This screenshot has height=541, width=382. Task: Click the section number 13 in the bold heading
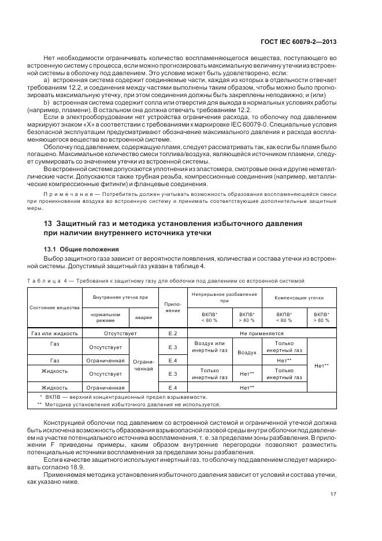(x=49, y=223)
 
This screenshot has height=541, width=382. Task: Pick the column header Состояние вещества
(x=54, y=307)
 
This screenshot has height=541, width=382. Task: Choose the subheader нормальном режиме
(x=105, y=317)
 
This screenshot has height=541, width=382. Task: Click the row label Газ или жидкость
(x=54, y=334)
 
